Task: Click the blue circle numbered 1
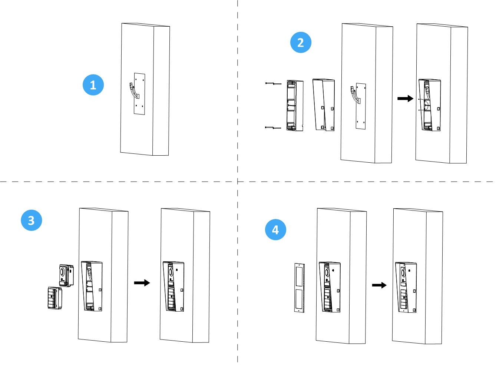93,85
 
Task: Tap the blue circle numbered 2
301,42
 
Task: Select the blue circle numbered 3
32,220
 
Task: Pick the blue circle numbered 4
275,230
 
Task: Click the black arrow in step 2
405,99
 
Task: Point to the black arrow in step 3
142,283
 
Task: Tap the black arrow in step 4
379,285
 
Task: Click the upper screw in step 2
273,84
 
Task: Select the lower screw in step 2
273,128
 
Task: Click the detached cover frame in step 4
299,288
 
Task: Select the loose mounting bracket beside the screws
295,106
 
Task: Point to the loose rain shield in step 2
324,105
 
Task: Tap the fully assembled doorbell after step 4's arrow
406,288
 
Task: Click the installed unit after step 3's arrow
173,286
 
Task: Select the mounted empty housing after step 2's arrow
430,105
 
